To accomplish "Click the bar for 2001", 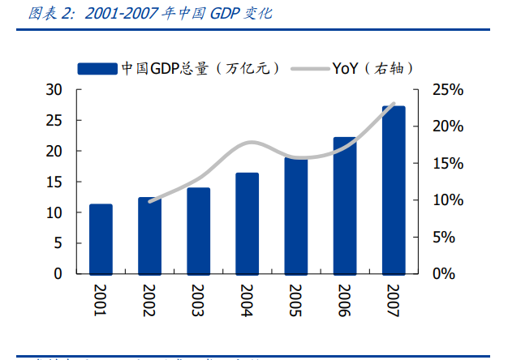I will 101,238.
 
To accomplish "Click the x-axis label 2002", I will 149,301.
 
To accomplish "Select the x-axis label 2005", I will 296,301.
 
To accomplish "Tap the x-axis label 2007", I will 394,301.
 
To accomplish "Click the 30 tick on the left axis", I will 54,90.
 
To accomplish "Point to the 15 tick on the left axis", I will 54,182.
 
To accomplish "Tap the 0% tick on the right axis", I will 450,273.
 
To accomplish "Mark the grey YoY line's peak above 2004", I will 249,142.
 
